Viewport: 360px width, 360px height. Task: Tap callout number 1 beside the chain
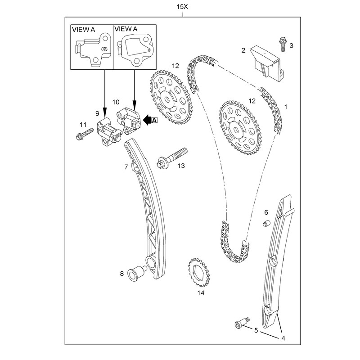coord(285,108)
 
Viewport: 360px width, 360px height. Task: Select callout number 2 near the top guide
coord(243,51)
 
